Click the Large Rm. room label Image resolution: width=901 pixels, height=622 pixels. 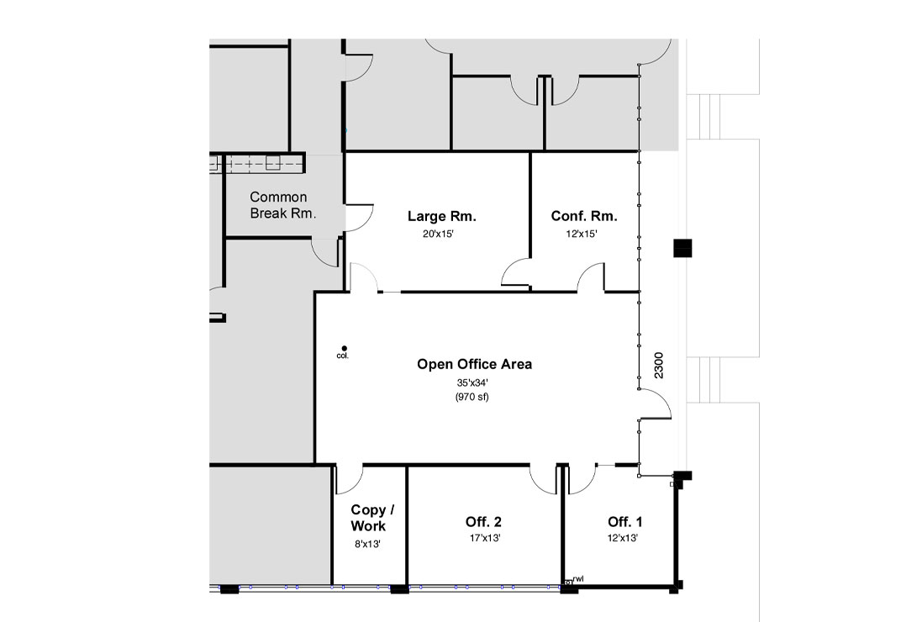(x=442, y=216)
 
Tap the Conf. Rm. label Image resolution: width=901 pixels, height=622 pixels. (x=584, y=216)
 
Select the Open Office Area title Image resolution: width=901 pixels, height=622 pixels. (x=474, y=364)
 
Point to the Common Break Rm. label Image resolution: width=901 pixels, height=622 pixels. (x=282, y=205)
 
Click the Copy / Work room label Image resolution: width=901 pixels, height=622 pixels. (x=372, y=518)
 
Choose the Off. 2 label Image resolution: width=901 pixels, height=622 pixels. (x=483, y=521)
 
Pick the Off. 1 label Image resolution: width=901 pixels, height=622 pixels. (x=624, y=521)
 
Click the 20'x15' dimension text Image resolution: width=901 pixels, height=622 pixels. (x=438, y=234)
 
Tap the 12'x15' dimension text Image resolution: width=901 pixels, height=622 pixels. (x=582, y=234)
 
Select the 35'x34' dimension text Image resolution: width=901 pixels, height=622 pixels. (x=472, y=382)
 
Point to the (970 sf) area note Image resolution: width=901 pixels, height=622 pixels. (x=472, y=397)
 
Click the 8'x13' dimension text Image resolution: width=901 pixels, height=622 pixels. (x=367, y=544)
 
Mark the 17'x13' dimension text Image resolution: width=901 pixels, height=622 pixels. (x=484, y=538)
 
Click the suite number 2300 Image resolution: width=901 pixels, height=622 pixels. (x=658, y=366)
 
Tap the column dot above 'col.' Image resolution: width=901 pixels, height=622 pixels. (x=345, y=348)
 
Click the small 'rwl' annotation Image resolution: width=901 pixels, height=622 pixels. (x=578, y=579)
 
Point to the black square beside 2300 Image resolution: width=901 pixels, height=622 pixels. (x=682, y=248)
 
